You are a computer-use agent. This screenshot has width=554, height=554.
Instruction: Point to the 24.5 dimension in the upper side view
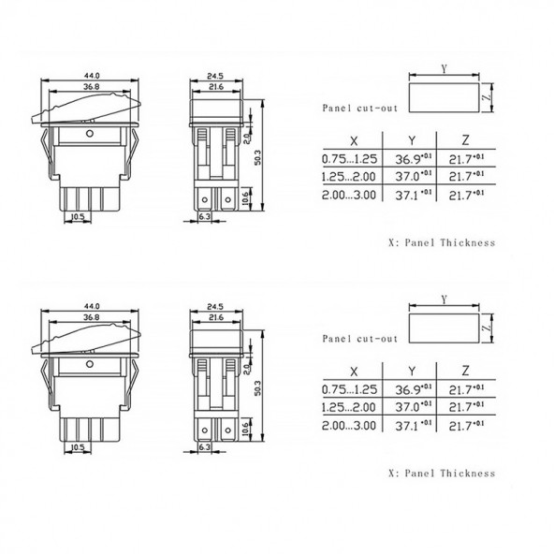pos(216,75)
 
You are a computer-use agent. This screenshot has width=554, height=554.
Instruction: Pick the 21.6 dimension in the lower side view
pos(216,318)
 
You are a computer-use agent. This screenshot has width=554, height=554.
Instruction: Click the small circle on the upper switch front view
pos(89,135)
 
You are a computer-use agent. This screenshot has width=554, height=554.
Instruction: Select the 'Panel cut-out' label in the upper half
pos(356,109)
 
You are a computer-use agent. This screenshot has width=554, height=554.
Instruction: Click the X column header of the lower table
pos(354,370)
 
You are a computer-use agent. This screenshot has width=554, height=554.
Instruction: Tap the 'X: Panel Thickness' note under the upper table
pos(441,242)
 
